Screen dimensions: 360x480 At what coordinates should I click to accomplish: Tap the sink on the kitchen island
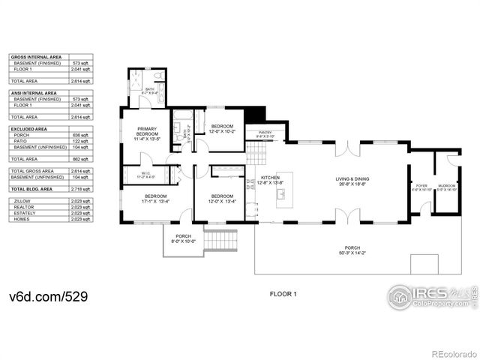[282, 193]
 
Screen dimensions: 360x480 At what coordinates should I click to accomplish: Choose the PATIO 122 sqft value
[81, 141]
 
